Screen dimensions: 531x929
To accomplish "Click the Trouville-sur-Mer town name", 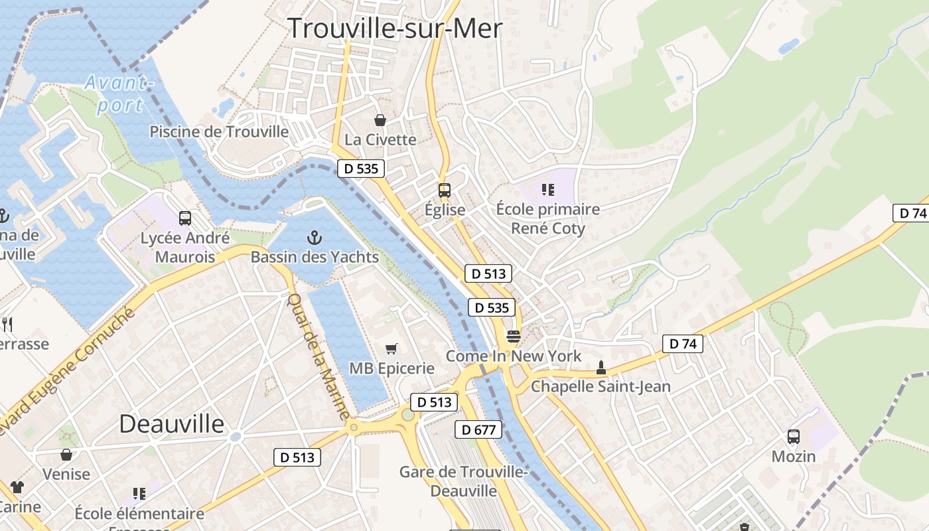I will coord(395,29).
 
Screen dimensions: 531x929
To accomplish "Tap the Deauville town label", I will coord(171,423).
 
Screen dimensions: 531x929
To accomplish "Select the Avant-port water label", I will coord(119,94).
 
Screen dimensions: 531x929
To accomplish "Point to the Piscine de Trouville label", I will coord(219,131).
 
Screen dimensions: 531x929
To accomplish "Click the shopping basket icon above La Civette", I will coord(380,120).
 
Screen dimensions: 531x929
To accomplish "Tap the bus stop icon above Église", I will coord(445,190).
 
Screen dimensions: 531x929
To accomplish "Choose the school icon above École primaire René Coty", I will coord(547,190).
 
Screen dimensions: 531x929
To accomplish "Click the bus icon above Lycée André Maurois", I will coord(185,218).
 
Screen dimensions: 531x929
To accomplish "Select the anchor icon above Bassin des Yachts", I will coord(314,237).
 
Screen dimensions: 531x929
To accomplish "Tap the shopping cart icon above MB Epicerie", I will coord(392,348).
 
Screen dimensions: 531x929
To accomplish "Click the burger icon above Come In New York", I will coord(513,337).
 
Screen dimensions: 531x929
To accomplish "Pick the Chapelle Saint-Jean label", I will coord(601,386).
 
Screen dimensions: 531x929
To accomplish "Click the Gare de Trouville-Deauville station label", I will coord(463,481).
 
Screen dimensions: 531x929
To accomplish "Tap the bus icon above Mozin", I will coord(793,437).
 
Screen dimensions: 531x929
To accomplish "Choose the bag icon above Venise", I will coord(66,455).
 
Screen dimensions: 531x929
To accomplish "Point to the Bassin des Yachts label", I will coord(315,257).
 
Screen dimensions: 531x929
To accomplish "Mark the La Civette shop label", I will coord(380,139).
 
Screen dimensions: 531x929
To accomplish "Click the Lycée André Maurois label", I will coord(185,247).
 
